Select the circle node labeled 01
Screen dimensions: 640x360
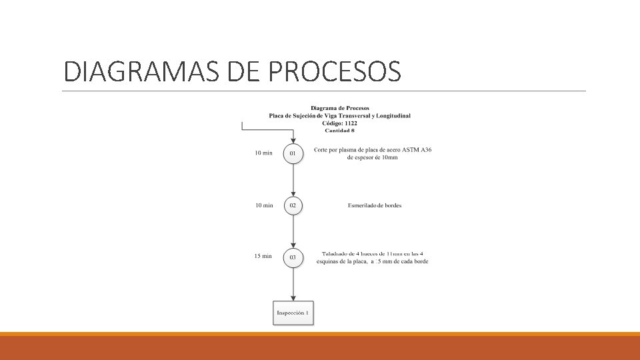pos(293,153)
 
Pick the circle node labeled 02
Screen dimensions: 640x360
pos(293,205)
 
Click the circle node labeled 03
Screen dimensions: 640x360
pos(293,257)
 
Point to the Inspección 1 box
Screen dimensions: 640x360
pos(293,313)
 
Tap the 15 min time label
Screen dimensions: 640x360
pos(263,256)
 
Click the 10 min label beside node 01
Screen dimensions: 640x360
pos(264,153)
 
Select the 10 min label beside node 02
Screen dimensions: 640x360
pos(264,205)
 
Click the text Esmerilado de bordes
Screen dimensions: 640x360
pos(375,205)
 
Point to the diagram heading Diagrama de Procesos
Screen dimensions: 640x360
pos(340,108)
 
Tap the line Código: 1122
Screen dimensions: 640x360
pos(340,123)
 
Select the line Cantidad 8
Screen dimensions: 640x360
pos(340,131)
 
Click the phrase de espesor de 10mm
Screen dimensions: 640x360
pos(373,158)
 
